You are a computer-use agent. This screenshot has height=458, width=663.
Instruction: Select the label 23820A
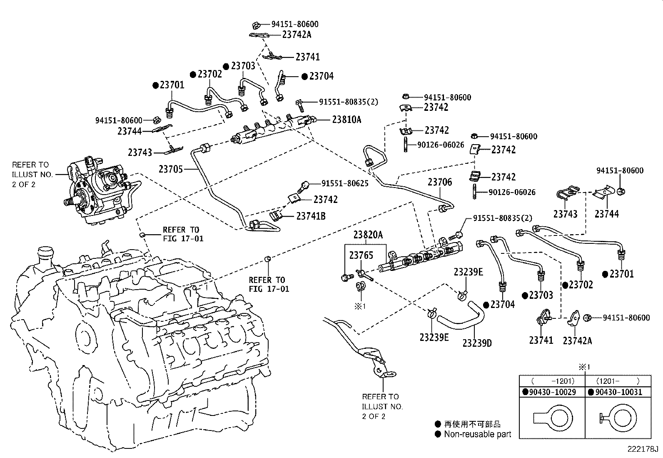(368, 235)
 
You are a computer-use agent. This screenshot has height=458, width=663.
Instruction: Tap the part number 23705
(170, 169)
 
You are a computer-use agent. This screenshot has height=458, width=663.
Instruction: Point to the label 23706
(439, 182)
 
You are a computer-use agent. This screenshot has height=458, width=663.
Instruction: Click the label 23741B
(311, 216)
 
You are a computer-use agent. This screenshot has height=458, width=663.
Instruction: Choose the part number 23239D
(477, 343)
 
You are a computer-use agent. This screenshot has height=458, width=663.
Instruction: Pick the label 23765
(361, 255)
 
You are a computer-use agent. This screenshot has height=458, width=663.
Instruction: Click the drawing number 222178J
(643, 450)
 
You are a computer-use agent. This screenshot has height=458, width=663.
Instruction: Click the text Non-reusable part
(477, 434)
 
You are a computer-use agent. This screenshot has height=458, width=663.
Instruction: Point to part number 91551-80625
(344, 183)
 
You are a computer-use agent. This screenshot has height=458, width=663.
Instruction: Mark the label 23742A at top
(297, 35)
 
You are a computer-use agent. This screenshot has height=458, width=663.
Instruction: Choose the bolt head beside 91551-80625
(305, 184)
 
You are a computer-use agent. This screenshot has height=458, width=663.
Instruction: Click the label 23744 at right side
(606, 214)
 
